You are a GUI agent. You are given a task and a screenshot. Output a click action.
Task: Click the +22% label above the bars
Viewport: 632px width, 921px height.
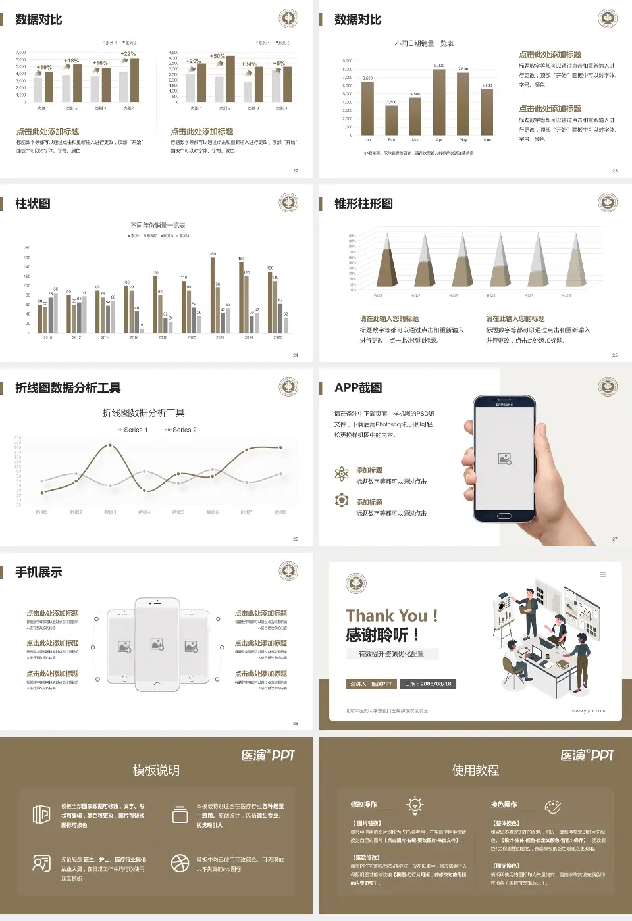coord(128,54)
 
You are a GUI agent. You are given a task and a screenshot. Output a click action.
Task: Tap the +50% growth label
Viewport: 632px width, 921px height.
coord(217,56)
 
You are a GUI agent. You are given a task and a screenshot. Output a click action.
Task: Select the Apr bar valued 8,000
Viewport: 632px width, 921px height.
coord(439,102)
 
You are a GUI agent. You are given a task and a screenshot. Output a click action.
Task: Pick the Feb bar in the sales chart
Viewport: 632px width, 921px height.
coord(391,120)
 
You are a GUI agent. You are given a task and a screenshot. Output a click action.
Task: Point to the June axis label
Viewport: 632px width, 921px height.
coord(487,140)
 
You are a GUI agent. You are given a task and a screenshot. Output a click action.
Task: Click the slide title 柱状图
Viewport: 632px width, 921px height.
coord(33,204)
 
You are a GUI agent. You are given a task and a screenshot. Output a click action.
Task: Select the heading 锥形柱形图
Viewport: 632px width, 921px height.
coord(363,204)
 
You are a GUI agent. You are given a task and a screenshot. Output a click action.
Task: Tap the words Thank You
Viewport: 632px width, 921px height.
coord(386,616)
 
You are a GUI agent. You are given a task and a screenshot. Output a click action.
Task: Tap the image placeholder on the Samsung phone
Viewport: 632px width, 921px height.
coord(505,459)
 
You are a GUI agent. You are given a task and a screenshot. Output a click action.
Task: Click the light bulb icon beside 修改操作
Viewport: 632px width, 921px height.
coord(415,805)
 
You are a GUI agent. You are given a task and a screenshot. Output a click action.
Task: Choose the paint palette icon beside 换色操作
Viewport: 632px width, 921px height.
coord(553,807)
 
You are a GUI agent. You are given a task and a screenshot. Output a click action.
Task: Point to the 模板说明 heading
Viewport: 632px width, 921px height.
coord(156,770)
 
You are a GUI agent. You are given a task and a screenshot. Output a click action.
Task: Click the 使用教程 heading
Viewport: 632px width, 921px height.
coord(475,770)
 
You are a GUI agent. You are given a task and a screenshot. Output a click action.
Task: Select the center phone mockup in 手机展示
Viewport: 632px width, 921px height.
coord(157,645)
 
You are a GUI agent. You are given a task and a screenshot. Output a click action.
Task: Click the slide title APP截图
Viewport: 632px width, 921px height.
coord(358,388)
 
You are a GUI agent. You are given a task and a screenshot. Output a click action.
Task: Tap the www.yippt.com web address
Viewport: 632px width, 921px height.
coord(588,711)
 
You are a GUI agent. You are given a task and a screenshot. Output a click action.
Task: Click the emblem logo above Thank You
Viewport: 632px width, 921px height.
coord(356,584)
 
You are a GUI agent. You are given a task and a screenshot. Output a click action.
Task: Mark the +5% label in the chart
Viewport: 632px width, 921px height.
coord(279,64)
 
